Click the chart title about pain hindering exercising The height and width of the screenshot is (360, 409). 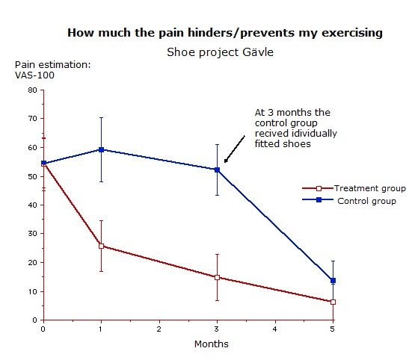(225, 33)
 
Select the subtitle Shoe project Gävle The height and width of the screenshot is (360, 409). (220, 52)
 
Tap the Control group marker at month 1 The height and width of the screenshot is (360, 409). (102, 149)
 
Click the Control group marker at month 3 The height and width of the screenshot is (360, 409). (217, 170)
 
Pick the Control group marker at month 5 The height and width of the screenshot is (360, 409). (333, 281)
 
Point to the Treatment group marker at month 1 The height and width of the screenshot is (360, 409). (102, 246)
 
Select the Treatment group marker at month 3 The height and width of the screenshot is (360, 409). (217, 277)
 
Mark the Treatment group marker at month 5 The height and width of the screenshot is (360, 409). (333, 302)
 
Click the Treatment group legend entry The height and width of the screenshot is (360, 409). (354, 188)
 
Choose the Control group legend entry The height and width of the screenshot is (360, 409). (349, 201)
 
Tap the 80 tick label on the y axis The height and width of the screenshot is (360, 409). (33, 90)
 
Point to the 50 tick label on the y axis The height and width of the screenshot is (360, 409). (33, 176)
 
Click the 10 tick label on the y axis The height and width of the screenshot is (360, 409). (33, 291)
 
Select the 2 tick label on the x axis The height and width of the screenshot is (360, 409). (159, 329)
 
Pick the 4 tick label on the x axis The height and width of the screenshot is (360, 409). (274, 329)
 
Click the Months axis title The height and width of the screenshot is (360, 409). (212, 344)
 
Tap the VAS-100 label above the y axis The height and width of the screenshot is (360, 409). (34, 75)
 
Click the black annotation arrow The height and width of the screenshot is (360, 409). (235, 149)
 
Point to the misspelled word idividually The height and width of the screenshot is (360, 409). (314, 134)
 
